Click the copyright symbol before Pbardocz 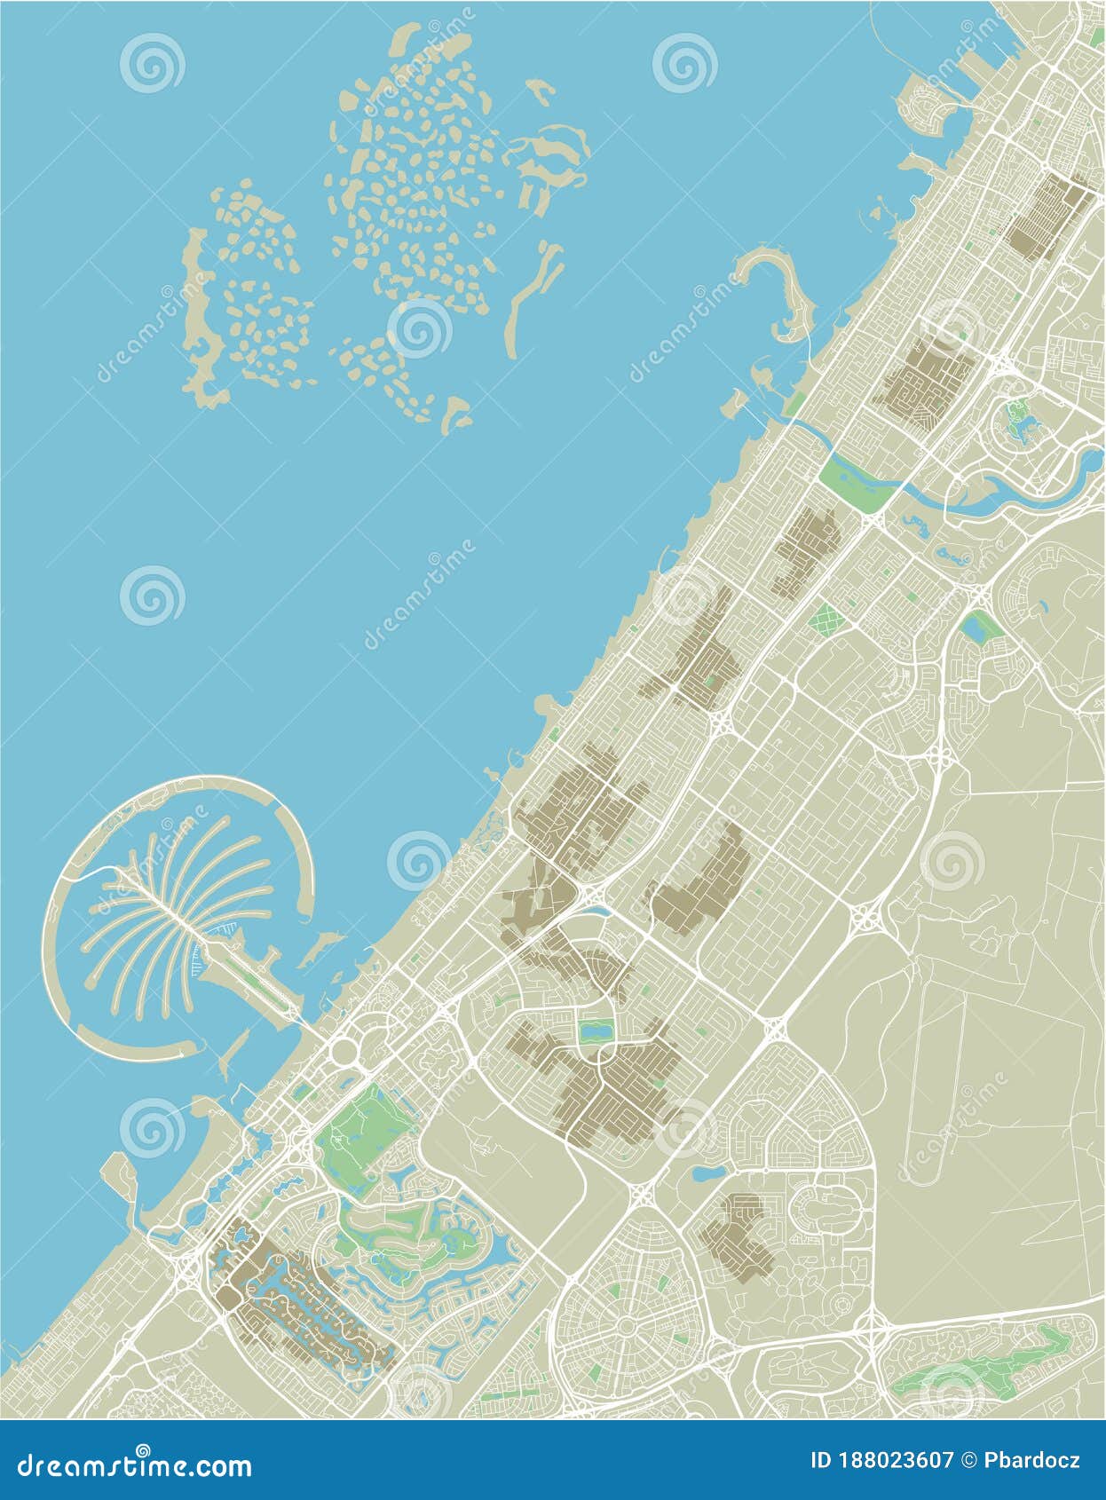tap(968, 1462)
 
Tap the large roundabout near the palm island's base tap(344, 1053)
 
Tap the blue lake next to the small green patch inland tap(979, 629)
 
